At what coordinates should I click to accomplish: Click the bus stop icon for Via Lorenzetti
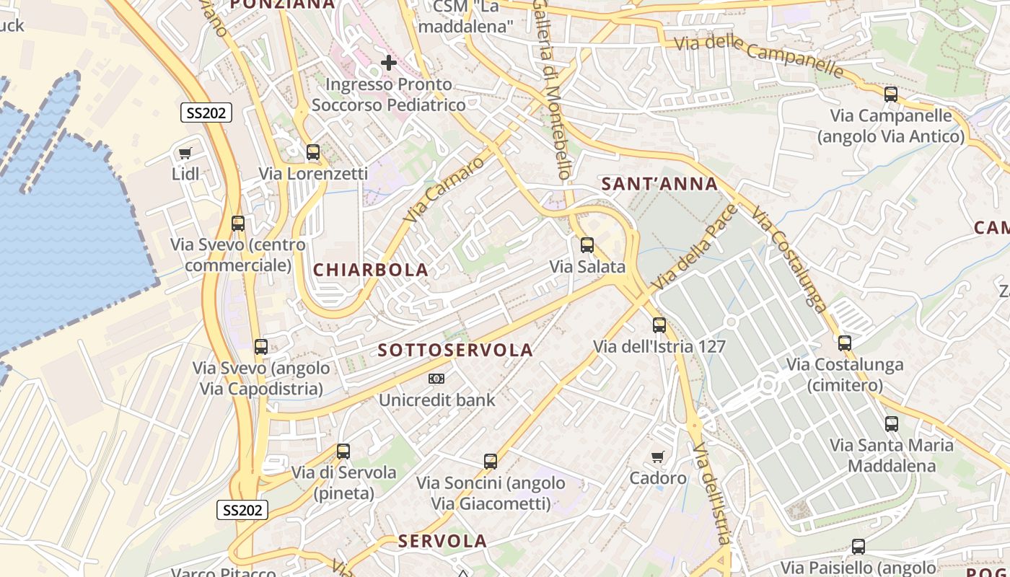(x=313, y=152)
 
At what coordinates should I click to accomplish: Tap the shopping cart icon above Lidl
(x=185, y=153)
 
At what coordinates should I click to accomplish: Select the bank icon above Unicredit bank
(x=436, y=379)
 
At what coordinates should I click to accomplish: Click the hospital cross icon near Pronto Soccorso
(x=389, y=63)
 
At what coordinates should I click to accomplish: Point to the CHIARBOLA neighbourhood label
(x=371, y=270)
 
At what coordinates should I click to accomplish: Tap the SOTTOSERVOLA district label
(x=456, y=351)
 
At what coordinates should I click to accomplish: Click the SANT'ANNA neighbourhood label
(x=659, y=184)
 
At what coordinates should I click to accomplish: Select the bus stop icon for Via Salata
(x=587, y=245)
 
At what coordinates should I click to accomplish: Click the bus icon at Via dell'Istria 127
(x=659, y=325)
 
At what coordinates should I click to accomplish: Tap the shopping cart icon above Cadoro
(x=657, y=457)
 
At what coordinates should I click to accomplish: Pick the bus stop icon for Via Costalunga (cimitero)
(x=845, y=343)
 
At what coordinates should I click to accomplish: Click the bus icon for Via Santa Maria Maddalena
(x=892, y=424)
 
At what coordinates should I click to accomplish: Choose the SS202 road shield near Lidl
(x=206, y=113)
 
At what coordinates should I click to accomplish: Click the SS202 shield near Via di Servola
(x=242, y=510)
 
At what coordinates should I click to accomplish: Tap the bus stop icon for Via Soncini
(x=491, y=461)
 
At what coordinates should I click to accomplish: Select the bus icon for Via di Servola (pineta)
(x=343, y=452)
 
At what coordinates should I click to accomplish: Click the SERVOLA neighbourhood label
(x=443, y=541)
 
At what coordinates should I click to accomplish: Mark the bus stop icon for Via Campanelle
(x=891, y=94)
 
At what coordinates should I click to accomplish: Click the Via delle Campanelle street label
(x=758, y=54)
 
